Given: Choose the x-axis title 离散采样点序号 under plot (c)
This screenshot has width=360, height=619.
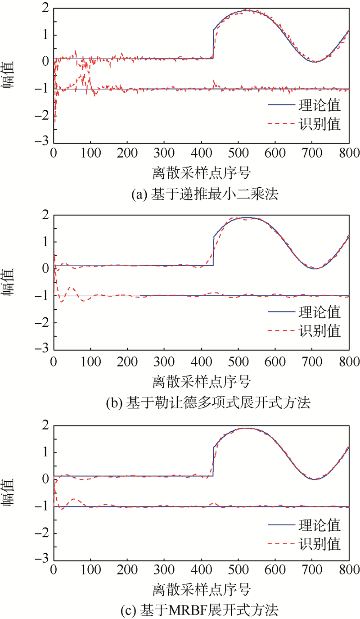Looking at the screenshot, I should (202, 589).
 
